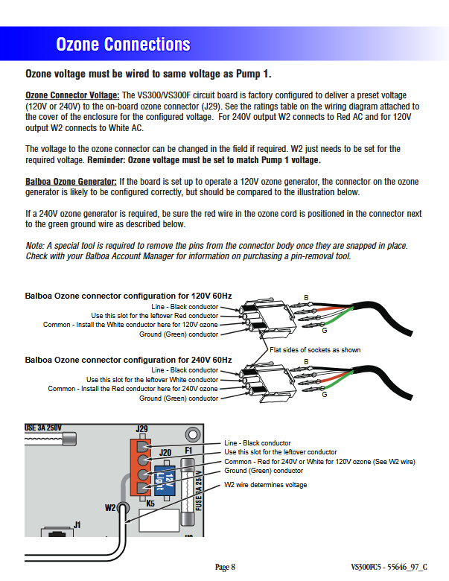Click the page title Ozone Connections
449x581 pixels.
pos(123,45)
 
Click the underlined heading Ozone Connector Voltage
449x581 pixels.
pos(72,95)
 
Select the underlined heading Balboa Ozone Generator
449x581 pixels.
pos(71,182)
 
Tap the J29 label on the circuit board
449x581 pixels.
pos(142,429)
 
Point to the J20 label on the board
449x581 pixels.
pos(165,452)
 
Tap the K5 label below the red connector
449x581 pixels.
pos(150,503)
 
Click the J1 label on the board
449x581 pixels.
pos(77,524)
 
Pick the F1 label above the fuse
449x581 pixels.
pos(188,451)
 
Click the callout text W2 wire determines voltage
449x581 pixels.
pos(266,485)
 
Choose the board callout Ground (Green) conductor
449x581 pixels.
pos(264,471)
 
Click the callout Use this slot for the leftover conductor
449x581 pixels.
pos(281,452)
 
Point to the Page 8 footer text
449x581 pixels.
pos(225,568)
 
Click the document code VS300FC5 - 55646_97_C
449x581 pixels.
pos(389,568)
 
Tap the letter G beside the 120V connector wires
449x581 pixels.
pos(324,330)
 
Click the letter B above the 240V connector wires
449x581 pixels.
pos(306,362)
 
